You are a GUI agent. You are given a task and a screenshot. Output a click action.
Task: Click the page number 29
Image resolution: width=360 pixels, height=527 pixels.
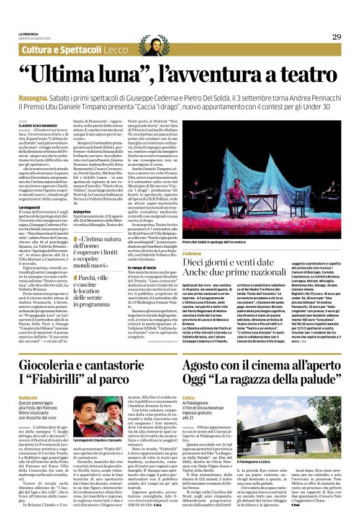pos(336,37)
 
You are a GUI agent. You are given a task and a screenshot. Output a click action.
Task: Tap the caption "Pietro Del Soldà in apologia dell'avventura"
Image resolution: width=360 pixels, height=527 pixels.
pos(224,241)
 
